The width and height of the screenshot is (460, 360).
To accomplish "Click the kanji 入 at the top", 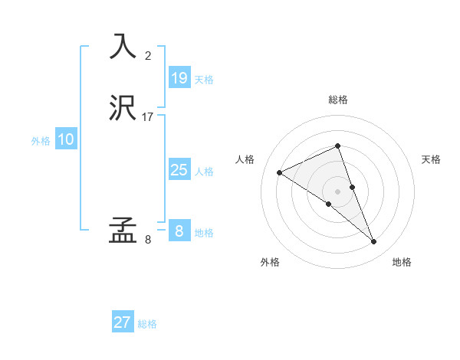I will (x=123, y=46).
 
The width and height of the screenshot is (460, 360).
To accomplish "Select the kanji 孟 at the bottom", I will (x=123, y=230).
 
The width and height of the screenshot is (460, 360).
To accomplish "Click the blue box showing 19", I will (x=179, y=77).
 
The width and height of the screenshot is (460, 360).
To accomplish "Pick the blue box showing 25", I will (x=179, y=170).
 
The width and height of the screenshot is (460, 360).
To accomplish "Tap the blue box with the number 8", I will (x=179, y=231).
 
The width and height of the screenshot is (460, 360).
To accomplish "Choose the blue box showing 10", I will (x=65, y=139).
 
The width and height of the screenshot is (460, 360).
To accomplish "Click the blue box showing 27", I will (x=123, y=322).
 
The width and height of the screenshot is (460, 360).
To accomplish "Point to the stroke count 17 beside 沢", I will (x=148, y=117).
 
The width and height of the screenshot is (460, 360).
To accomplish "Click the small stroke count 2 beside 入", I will (x=148, y=55).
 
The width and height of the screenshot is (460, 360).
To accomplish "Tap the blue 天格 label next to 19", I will (x=204, y=79).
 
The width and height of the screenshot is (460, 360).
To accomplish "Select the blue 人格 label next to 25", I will (x=205, y=172).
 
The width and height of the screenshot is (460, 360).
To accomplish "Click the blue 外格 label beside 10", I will (x=41, y=141).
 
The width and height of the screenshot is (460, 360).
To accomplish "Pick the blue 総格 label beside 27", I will (x=147, y=324).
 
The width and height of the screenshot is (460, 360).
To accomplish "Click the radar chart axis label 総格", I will (x=338, y=100).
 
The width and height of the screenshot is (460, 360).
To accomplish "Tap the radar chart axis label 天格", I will (x=431, y=159).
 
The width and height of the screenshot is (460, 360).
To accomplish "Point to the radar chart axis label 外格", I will (x=270, y=262).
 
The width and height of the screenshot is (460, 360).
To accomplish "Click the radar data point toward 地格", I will (x=374, y=242).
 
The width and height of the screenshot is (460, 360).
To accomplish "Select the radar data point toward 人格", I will (x=280, y=172).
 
